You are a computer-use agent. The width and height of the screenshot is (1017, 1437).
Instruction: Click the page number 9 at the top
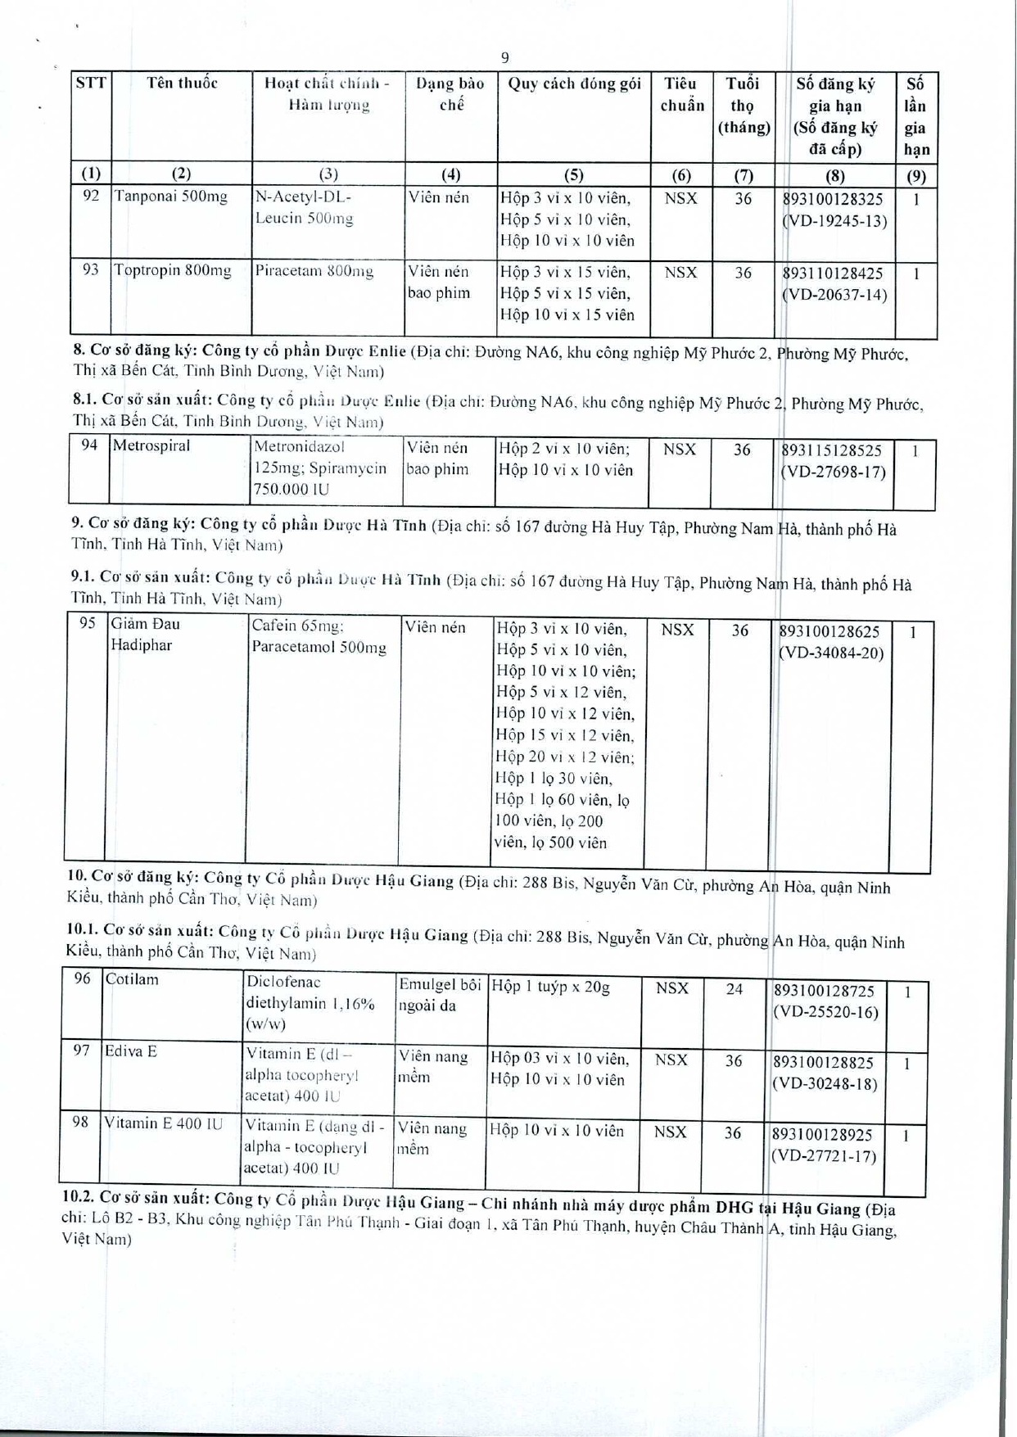[504, 57]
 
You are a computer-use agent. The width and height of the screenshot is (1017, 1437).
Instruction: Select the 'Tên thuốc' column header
[182, 84]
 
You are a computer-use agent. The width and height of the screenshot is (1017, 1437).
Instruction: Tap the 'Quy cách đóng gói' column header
[574, 84]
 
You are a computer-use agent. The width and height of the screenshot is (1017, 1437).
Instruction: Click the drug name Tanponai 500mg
[171, 197]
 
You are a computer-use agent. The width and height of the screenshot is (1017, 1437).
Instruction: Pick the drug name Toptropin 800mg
[173, 271]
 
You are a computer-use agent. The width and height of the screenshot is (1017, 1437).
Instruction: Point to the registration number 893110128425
[833, 273]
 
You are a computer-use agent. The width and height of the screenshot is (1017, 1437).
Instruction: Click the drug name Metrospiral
[151, 446]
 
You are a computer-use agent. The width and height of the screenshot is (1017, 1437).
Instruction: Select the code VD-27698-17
[834, 472]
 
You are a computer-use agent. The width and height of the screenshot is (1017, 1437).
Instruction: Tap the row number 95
[88, 624]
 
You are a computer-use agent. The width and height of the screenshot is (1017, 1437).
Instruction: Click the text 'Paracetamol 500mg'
[319, 648]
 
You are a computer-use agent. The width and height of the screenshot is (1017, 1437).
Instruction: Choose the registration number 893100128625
[829, 632]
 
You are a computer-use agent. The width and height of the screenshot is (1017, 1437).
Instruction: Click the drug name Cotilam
[132, 980]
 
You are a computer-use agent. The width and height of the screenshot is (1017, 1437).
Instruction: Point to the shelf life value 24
[734, 989]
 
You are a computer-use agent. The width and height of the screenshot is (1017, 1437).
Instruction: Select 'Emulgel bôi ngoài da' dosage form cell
[439, 995]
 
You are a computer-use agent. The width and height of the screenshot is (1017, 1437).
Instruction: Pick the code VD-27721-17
[823, 1157]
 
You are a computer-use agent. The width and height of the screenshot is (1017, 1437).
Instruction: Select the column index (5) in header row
[573, 174]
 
